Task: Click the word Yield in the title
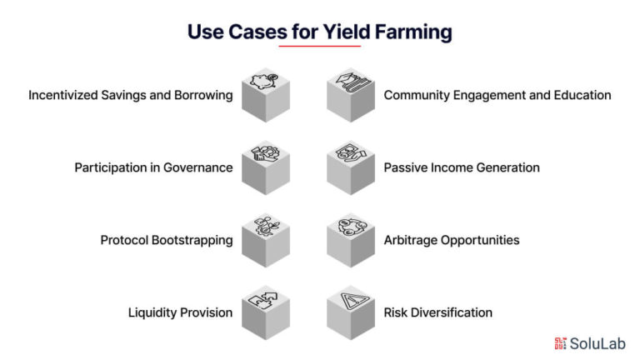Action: click(347, 32)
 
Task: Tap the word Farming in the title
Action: click(413, 32)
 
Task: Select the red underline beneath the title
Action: click(320, 46)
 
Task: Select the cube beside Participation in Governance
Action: click(266, 167)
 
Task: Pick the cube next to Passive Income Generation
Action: click(351, 167)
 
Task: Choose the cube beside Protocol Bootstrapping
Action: click(266, 240)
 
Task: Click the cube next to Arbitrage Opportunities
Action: click(351, 240)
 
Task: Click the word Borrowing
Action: click(203, 96)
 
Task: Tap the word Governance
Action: click(198, 167)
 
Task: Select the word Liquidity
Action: click(152, 312)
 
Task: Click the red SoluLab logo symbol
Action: click(560, 343)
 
